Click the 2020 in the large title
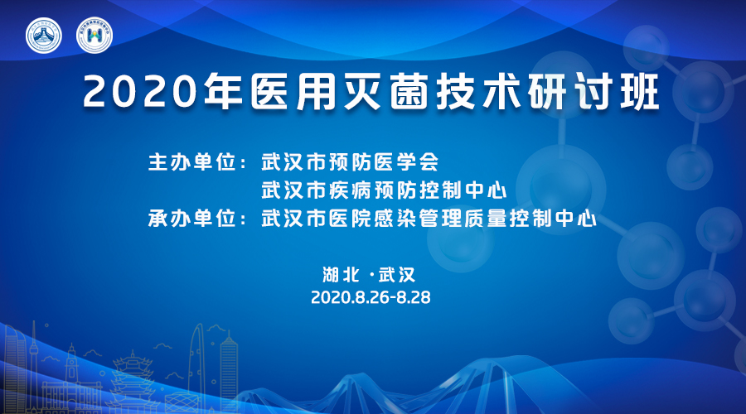tap(140, 92)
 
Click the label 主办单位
tap(192, 162)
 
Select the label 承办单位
tap(192, 219)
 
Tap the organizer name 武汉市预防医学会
tap(350, 162)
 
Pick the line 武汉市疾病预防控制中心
tap(384, 190)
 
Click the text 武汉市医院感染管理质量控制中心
tap(429, 219)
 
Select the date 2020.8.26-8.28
tap(371, 297)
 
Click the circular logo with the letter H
tap(94, 35)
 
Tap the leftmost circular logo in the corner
tap(44, 35)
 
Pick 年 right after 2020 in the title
tap(224, 92)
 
